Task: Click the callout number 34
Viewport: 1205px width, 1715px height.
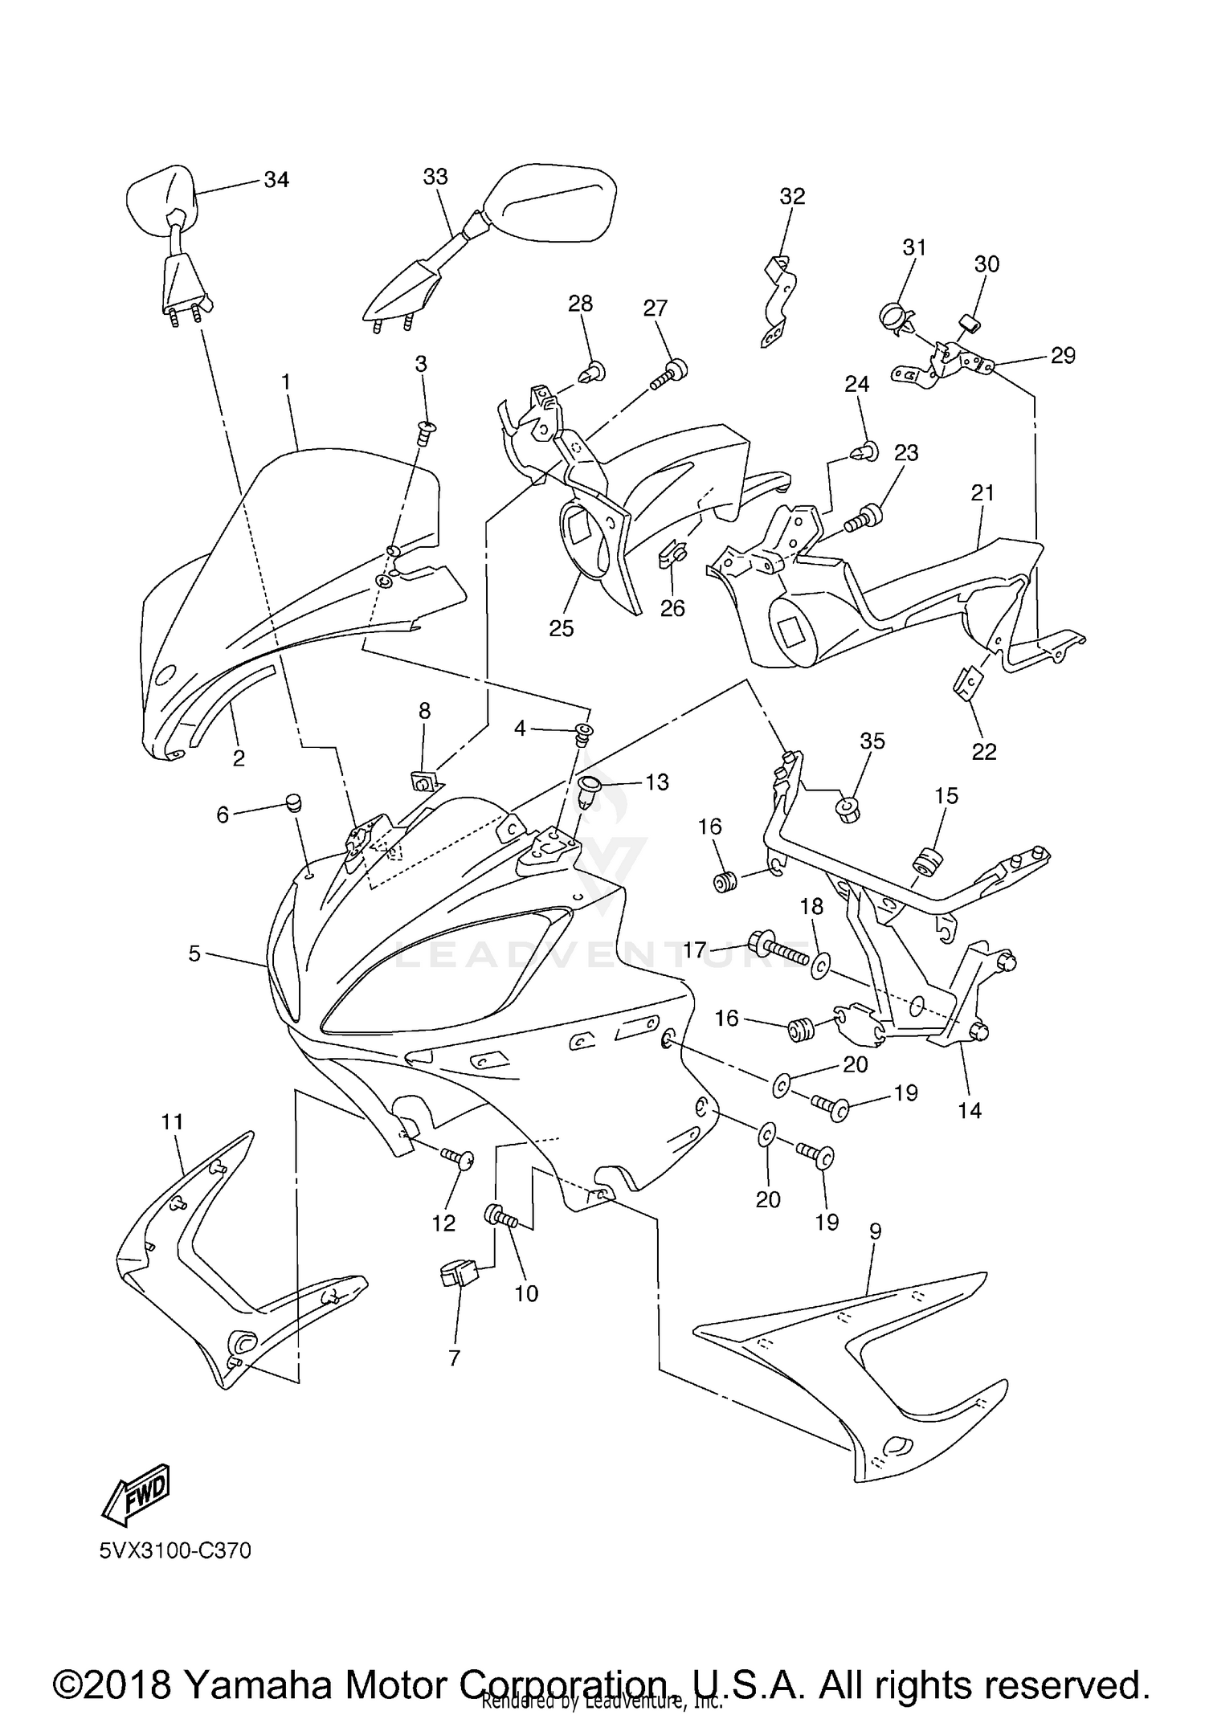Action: point(276,179)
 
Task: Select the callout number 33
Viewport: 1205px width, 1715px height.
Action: point(435,176)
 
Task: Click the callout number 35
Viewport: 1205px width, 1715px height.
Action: point(872,741)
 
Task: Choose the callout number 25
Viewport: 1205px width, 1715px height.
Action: point(561,628)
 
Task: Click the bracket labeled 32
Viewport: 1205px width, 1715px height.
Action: point(778,301)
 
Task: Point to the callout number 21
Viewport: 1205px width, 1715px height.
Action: point(982,492)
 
